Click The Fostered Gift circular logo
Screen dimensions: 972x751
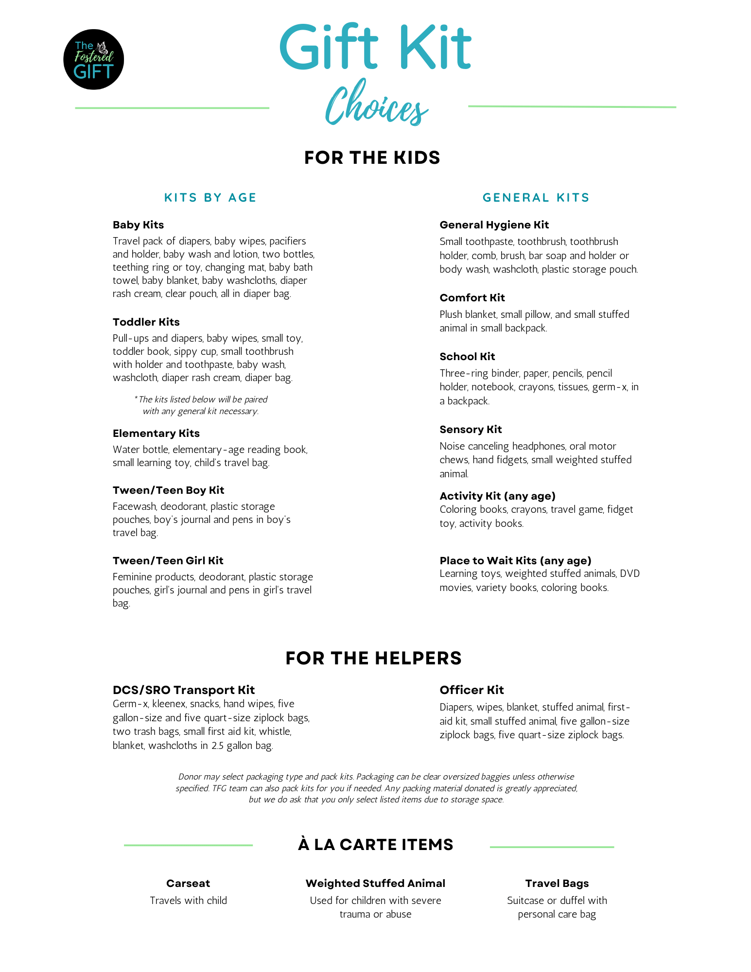point(93,59)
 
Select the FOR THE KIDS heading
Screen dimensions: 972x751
point(372,158)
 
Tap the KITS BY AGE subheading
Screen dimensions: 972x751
point(210,198)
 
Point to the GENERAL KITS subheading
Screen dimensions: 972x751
point(536,198)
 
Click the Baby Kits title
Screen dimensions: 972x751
point(138,225)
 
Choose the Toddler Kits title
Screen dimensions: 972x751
point(146,322)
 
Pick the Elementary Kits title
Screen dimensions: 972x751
point(156,434)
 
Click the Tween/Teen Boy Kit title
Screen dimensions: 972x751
point(168,490)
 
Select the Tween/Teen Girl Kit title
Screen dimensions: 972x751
point(168,561)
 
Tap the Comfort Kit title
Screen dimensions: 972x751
point(472,298)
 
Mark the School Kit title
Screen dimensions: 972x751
point(467,357)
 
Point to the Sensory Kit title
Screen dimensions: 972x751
point(471,430)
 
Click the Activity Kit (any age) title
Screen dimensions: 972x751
point(497,496)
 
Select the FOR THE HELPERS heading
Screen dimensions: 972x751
point(373,658)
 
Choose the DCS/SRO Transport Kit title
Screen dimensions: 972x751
point(183,690)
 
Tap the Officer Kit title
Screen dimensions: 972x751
point(472,690)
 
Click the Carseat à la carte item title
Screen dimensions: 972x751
point(188,884)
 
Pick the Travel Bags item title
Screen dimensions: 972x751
point(557,884)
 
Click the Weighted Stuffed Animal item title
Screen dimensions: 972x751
point(375,884)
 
